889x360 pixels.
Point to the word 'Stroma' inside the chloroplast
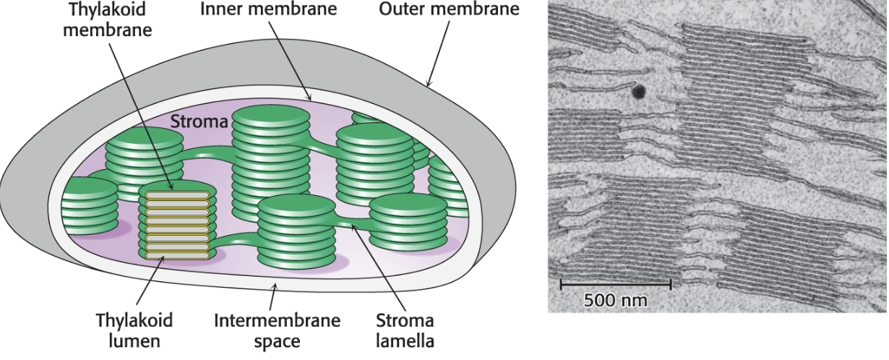tap(197, 121)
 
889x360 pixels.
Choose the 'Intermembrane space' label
tap(268, 330)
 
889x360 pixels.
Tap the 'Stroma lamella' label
tap(404, 330)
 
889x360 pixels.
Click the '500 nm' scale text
tap(616, 299)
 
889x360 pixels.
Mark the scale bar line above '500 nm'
tap(616, 282)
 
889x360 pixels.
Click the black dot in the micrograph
tap(639, 92)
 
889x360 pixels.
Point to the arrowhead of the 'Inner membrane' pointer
tap(310, 100)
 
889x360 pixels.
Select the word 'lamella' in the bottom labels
tap(404, 339)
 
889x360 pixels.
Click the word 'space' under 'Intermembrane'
tap(268, 340)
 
